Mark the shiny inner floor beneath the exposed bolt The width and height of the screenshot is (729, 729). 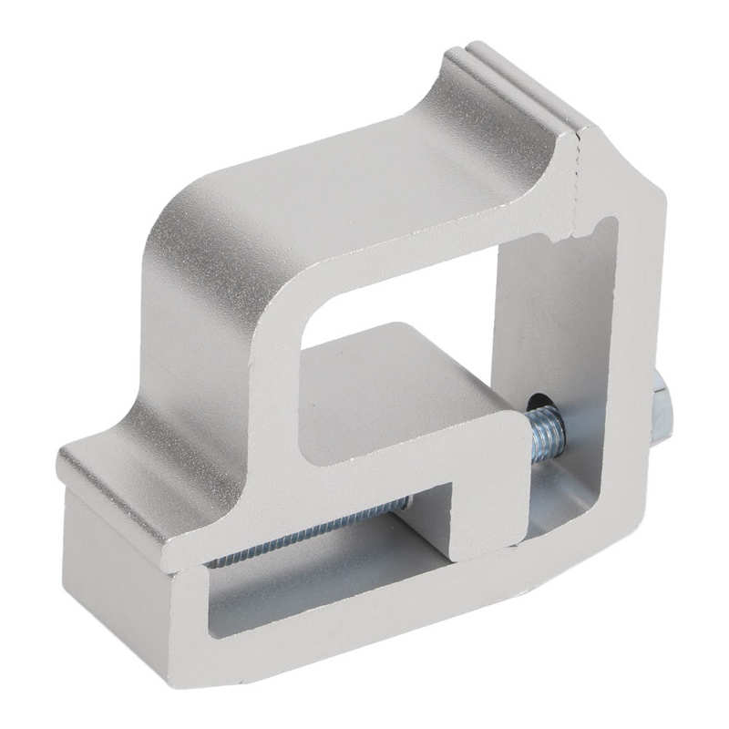coord(565,510)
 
